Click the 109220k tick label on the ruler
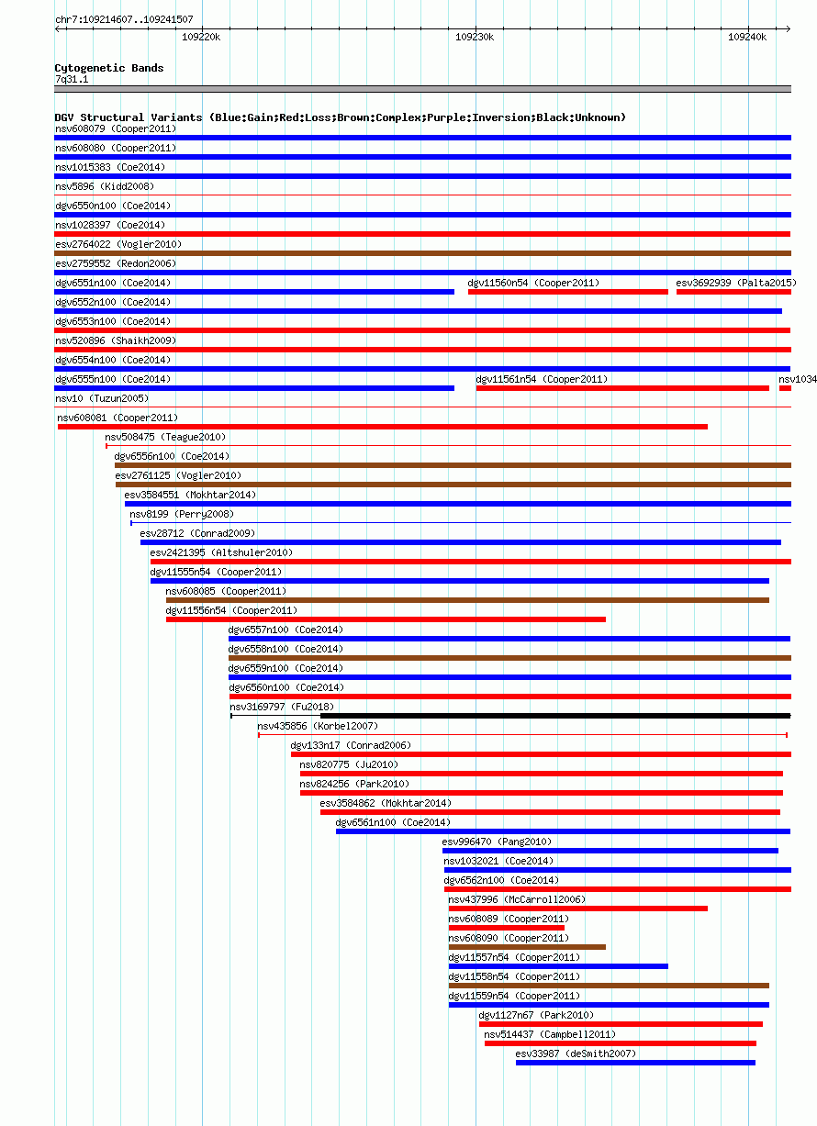[201, 38]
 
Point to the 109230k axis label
[475, 38]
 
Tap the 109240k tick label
[747, 38]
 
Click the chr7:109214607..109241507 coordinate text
[124, 19]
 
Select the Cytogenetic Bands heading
[109, 68]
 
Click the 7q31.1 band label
[72, 80]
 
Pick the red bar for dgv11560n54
[568, 292]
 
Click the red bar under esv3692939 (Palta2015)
[733, 292]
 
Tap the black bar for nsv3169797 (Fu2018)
[555, 716]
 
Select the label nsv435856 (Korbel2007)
[318, 727]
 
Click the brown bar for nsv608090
[528, 947]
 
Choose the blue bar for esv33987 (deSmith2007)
[635, 1063]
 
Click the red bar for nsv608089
[507, 928]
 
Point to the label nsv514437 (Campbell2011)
[550, 1034]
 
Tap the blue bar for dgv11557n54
[558, 966]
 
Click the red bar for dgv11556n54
[386, 619]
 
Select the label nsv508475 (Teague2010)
[165, 438]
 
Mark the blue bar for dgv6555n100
[254, 388]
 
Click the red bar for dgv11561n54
[623, 388]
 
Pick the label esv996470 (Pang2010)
[497, 842]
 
